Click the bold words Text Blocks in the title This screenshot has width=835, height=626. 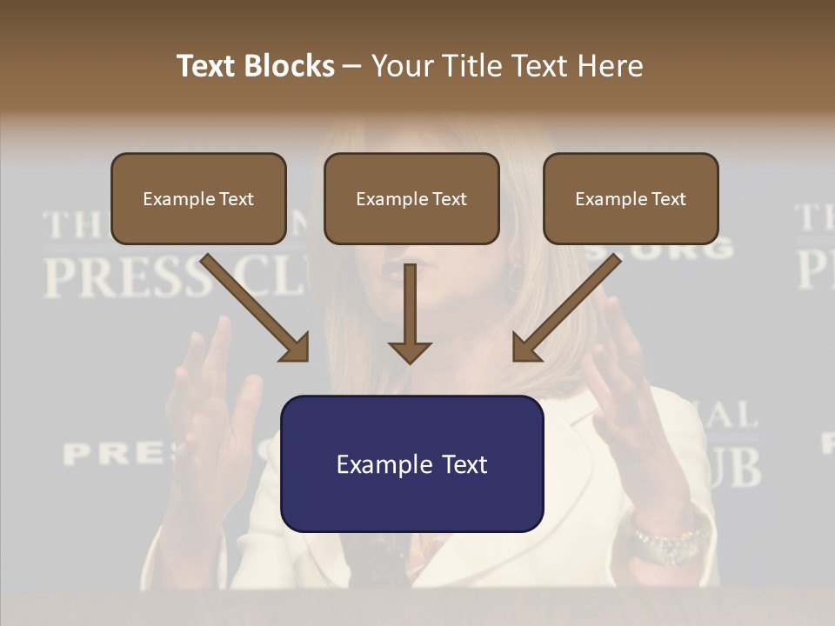(255, 66)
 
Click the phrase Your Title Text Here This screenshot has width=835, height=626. (507, 66)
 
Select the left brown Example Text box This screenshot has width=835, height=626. (198, 199)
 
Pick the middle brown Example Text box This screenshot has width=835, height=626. (411, 199)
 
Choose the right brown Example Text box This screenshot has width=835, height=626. (631, 199)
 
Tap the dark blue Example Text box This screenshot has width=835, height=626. (411, 464)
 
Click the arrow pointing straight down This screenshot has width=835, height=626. (410, 313)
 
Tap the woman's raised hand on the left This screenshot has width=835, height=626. (213, 391)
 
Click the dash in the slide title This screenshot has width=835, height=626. (352, 66)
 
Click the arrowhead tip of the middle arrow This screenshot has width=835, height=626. (410, 360)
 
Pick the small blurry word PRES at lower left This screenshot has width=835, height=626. (113, 452)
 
